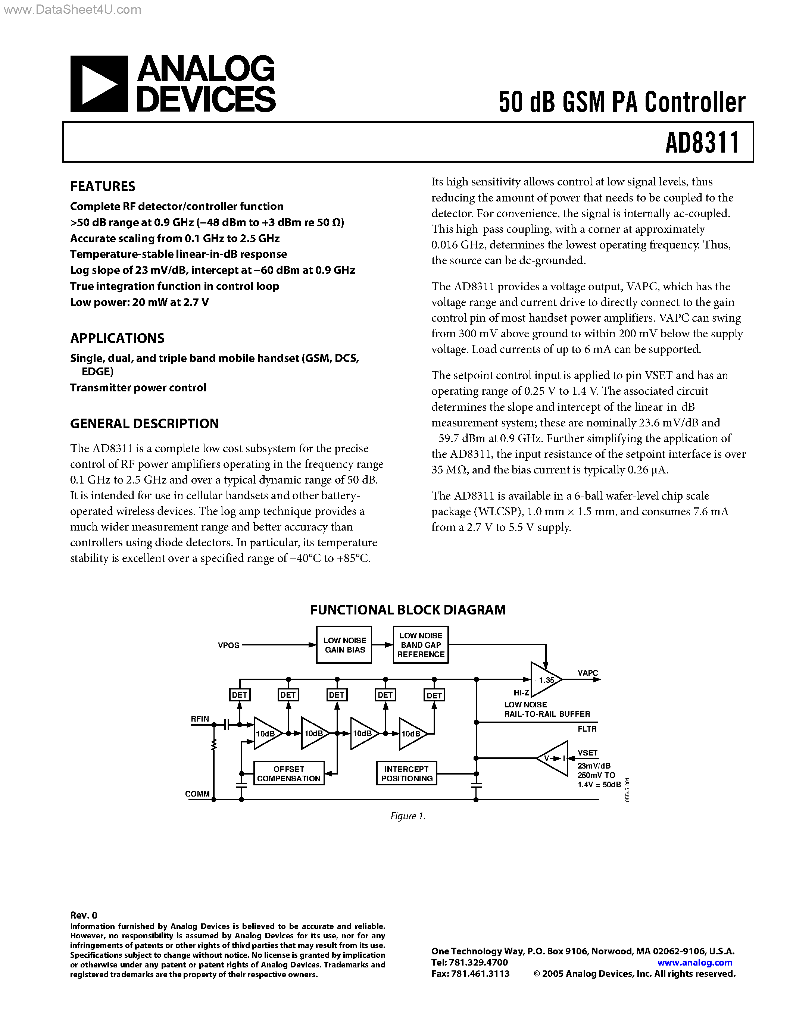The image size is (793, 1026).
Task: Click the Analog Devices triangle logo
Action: point(99,84)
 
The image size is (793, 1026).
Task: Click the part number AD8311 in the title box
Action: point(702,143)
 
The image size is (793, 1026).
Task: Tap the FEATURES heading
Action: point(103,187)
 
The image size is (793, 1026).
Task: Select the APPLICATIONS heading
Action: point(118,338)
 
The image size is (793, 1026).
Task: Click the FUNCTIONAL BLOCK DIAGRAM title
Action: point(408,610)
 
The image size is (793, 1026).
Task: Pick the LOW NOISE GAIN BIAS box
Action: point(344,645)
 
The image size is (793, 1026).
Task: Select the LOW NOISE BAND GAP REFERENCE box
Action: point(421,645)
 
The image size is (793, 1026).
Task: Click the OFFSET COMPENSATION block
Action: point(288,774)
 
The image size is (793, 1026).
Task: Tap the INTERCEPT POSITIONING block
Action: point(407,774)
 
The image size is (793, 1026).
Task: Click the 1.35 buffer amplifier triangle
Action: point(544,680)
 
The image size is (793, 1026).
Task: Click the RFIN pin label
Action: point(200,719)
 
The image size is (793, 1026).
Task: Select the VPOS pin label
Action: point(229,645)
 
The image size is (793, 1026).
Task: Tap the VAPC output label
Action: point(587,673)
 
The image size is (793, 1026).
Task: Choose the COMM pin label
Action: point(197,794)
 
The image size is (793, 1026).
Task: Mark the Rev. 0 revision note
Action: point(84,915)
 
